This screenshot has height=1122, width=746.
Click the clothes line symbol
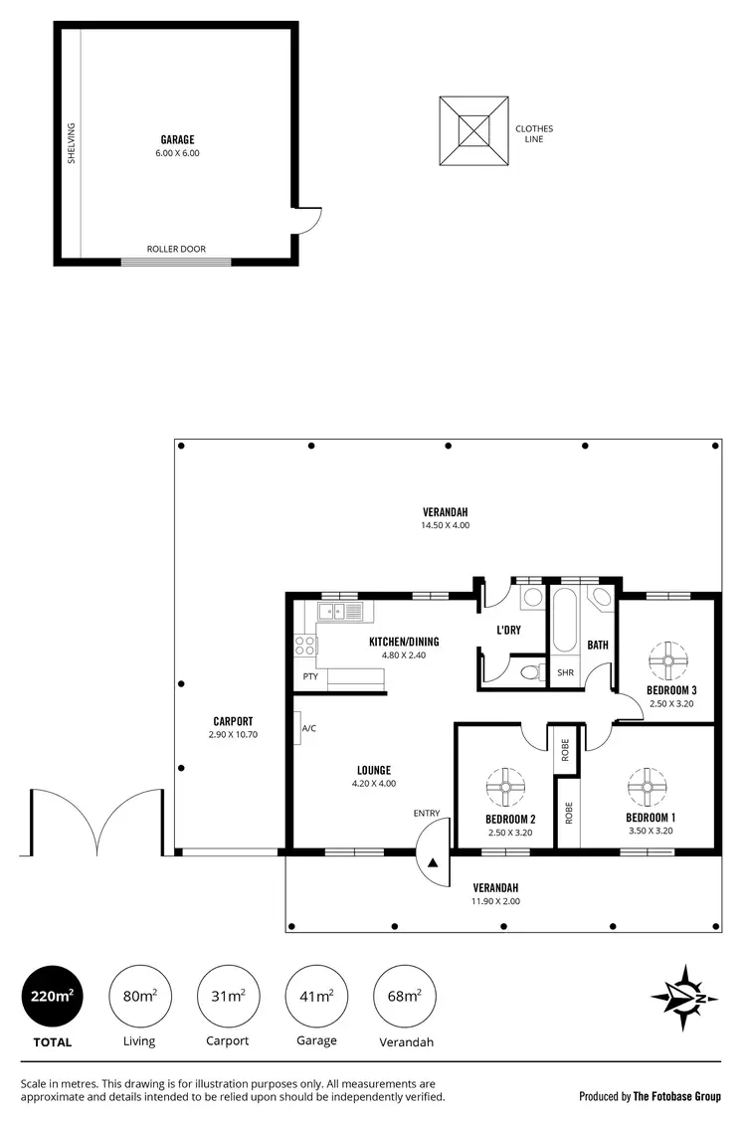click(x=474, y=131)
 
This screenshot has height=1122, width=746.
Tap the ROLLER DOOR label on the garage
click(x=176, y=249)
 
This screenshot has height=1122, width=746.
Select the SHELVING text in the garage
click(x=72, y=143)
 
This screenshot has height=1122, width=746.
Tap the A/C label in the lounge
click(x=308, y=728)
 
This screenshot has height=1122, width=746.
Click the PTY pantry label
click(x=310, y=677)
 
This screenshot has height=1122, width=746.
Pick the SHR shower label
click(x=566, y=672)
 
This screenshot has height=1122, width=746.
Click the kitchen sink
click(x=341, y=612)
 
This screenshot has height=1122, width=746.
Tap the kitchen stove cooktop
click(x=304, y=645)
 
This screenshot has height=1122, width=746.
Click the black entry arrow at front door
click(x=433, y=863)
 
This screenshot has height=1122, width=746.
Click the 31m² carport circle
click(x=230, y=996)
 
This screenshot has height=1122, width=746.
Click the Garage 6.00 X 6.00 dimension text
click(x=177, y=153)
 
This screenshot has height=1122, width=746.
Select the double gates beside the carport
click(x=96, y=822)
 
